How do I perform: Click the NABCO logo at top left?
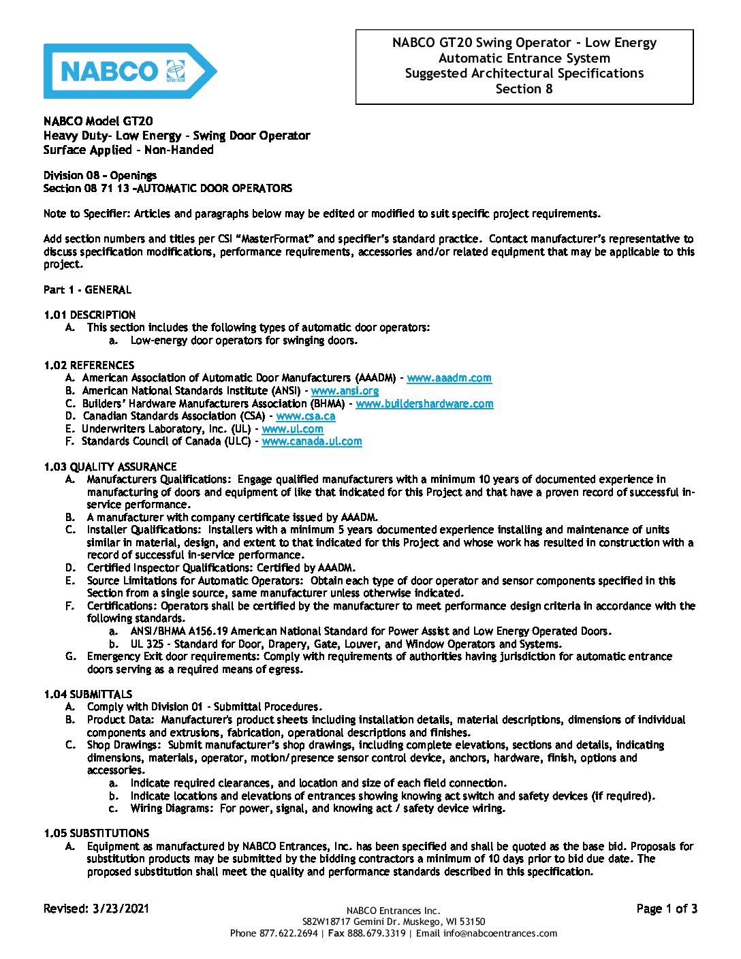tap(129, 71)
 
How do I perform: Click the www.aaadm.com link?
tap(449, 378)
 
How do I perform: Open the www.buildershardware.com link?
tap(424, 404)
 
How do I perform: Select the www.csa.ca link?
tap(305, 416)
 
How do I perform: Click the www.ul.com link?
tap(292, 429)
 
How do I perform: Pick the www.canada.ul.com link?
tap(311, 441)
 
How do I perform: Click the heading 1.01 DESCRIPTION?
tap(89, 315)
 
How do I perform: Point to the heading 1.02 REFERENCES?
tap(89, 365)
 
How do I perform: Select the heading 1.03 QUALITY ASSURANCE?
tap(110, 467)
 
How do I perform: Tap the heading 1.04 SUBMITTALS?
tap(88, 694)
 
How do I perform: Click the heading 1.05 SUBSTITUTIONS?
tap(96, 833)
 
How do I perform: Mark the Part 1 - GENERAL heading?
tap(87, 289)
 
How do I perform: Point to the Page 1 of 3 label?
tap(666, 909)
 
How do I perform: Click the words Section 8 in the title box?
tap(524, 89)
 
